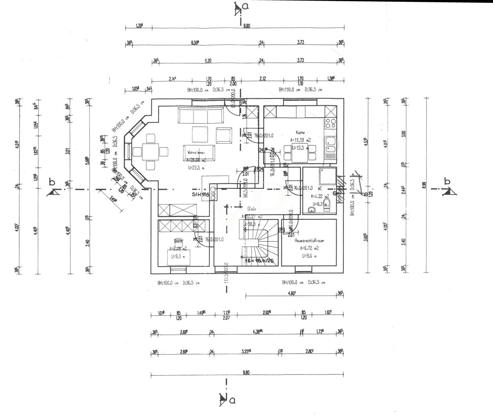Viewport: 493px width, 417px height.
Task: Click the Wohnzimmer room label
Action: pyautogui.click(x=197, y=153)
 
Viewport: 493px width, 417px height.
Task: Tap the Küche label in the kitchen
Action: pyautogui.click(x=300, y=133)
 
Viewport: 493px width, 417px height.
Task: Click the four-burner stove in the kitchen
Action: pyautogui.click(x=330, y=124)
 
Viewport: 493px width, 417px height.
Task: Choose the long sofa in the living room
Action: pyautogui.click(x=200, y=115)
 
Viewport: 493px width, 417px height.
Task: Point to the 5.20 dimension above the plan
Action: pyautogui.click(x=208, y=61)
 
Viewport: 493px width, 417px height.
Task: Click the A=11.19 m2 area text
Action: pyautogui.click(x=300, y=140)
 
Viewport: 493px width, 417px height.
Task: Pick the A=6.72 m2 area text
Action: pyautogui.click(x=309, y=248)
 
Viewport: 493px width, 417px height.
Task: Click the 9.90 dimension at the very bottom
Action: pyautogui.click(x=246, y=373)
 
